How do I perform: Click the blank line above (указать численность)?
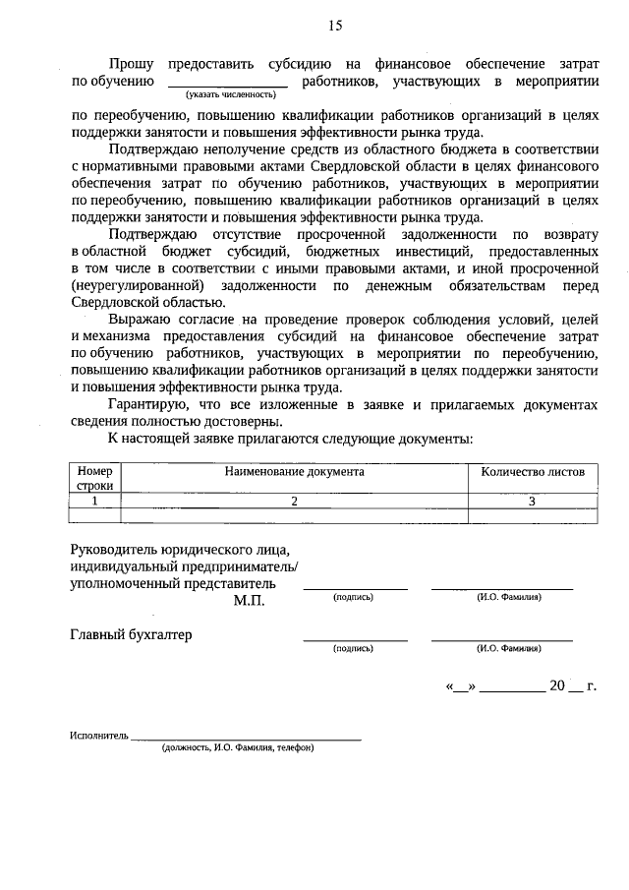(x=236, y=85)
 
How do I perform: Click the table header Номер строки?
(x=94, y=478)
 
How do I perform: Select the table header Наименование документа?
(x=294, y=472)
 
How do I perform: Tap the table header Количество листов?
(x=533, y=472)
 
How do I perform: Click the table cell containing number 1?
(x=94, y=501)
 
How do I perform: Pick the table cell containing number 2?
(x=294, y=501)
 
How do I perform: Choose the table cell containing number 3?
(x=533, y=501)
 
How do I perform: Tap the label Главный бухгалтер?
(x=131, y=634)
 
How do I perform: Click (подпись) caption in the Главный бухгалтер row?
(x=354, y=649)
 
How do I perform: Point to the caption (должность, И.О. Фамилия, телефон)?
(x=239, y=747)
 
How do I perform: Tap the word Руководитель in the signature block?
(x=114, y=549)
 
